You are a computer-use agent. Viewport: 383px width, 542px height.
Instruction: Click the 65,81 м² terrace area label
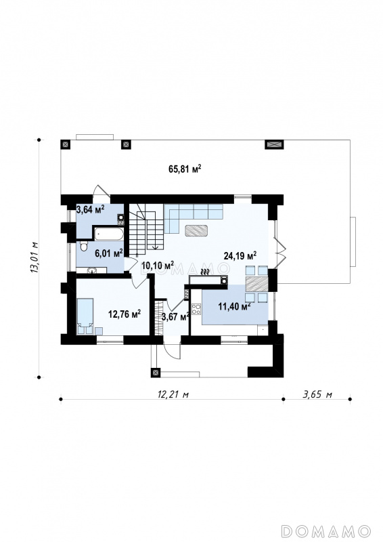pos(185,169)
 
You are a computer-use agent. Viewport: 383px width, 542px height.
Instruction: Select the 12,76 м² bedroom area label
pos(125,314)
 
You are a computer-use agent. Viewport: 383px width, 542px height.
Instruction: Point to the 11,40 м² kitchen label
pos(234,306)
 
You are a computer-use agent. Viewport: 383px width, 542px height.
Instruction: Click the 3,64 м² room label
pos(90,209)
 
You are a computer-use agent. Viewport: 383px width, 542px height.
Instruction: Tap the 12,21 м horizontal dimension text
pos(173,394)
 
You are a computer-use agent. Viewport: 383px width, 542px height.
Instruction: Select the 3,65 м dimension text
pos(317,394)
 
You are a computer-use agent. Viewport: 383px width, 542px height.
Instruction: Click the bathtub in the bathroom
pos(108,233)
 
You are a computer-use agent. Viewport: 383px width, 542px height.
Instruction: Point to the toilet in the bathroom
pos(83,246)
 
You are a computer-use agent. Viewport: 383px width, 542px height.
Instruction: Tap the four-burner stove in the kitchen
pos(196,309)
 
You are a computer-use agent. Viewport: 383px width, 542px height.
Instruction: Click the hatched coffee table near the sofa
pos(196,230)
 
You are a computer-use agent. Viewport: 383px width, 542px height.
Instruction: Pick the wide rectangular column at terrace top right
pos(274,144)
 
